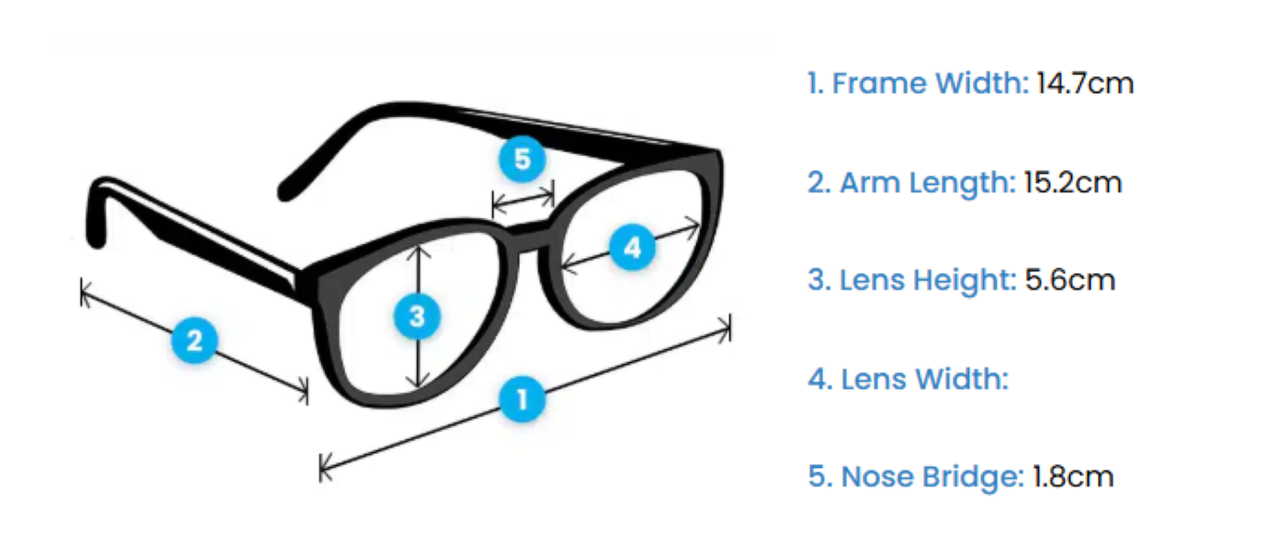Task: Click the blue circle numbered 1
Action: click(522, 399)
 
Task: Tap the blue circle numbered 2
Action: click(194, 341)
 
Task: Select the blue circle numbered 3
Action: click(417, 317)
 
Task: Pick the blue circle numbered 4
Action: click(632, 248)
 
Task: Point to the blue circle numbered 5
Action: click(522, 159)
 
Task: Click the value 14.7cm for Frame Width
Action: click(1085, 84)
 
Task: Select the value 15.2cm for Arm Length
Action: click(1073, 182)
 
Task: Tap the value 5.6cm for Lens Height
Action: click(1070, 279)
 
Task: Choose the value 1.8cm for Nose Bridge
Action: click(1073, 477)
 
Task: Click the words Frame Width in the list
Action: click(930, 84)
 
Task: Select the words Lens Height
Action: click(928, 279)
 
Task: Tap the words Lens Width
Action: click(923, 379)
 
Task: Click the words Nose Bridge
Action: click(932, 477)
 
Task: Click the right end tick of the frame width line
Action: click(727, 328)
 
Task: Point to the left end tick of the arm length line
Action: click(84, 292)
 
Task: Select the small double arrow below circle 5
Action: click(522, 200)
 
